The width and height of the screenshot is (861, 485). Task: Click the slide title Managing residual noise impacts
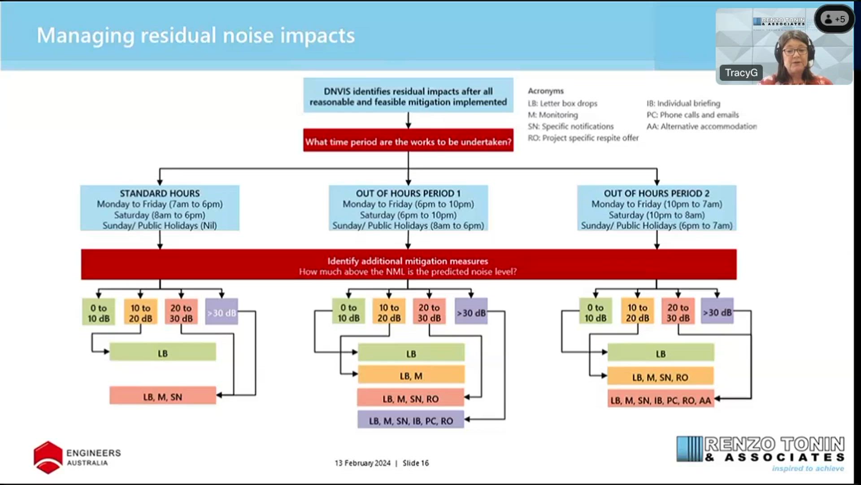point(196,35)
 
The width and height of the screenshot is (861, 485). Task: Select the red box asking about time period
point(408,141)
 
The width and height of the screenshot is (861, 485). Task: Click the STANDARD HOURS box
point(160,208)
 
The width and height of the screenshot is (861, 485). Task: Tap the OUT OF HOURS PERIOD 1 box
point(408,208)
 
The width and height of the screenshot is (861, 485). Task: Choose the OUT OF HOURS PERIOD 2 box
point(657,208)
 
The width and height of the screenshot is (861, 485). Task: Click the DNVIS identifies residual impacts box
point(408,96)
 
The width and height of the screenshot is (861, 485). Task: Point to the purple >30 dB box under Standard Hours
point(222,312)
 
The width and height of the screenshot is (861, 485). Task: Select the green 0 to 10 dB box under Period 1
point(348,312)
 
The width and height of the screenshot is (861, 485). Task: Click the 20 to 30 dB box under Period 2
point(678,312)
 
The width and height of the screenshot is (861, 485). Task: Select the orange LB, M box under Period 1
point(411,375)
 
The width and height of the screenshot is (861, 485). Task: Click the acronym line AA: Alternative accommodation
point(701,127)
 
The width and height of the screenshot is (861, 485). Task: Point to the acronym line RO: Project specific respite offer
point(583,138)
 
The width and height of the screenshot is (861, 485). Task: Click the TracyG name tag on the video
point(741,73)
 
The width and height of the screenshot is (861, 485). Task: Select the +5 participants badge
point(835,19)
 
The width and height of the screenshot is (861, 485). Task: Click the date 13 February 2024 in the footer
point(362,463)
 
